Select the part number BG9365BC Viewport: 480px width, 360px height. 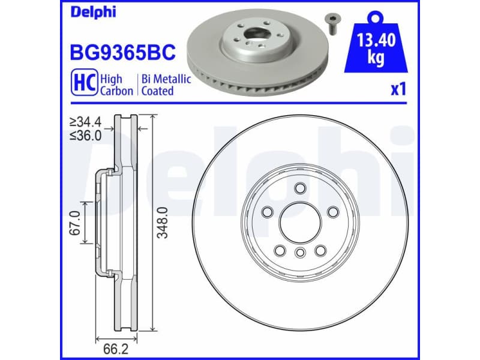click(x=124, y=52)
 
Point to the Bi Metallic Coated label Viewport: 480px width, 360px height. click(x=165, y=85)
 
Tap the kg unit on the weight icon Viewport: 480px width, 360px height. click(x=376, y=61)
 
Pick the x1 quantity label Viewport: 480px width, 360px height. click(x=398, y=89)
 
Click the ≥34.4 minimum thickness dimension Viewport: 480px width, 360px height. click(x=85, y=125)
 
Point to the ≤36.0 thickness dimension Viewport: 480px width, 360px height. click(x=85, y=136)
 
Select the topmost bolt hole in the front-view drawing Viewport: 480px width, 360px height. click(x=299, y=189)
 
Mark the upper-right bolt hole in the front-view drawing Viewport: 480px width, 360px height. click(x=331, y=211)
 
